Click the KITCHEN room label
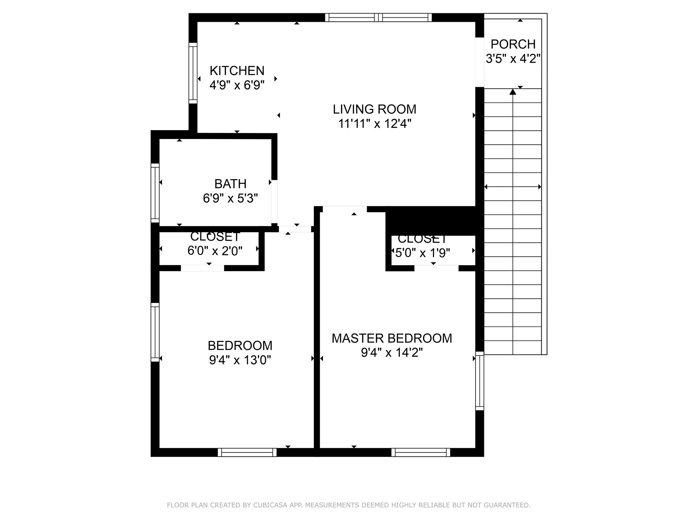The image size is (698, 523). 237,71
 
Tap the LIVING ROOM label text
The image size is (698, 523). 375,109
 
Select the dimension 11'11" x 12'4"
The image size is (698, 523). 375,124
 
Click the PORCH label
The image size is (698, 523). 513,44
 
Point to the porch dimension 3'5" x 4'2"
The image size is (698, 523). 513,59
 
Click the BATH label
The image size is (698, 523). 230,184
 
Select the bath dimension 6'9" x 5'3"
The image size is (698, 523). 230,198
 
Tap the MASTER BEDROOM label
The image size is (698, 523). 392,338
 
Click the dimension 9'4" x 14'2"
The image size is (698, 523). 392,353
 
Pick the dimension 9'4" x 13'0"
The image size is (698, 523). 240,360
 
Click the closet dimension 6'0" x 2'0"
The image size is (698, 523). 215,251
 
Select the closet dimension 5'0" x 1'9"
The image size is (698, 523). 423,253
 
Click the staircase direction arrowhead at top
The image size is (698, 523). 513,92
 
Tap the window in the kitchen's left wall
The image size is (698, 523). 193,73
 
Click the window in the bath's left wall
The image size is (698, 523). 155,193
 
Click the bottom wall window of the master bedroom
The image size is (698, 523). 421,452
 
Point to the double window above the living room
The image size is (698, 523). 378,17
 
